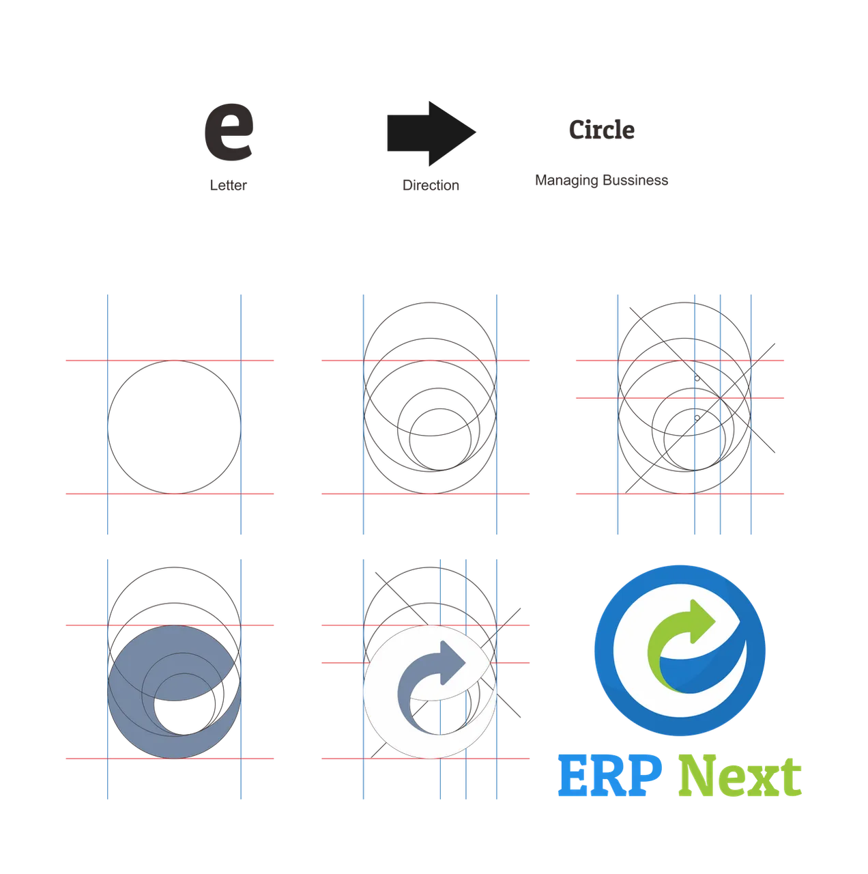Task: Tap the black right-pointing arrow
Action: [431, 133]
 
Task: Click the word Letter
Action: [228, 185]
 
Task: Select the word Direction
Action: [431, 185]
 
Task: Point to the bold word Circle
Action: [601, 130]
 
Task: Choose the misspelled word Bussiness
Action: [635, 180]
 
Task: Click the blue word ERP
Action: [609, 776]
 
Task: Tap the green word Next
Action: [740, 776]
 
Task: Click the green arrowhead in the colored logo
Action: [701, 621]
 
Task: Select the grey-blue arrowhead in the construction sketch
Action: [452, 662]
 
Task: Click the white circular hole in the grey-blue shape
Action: [184, 704]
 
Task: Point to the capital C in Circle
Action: [577, 130]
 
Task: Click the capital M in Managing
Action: [541, 180]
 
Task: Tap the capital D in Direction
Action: [407, 185]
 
